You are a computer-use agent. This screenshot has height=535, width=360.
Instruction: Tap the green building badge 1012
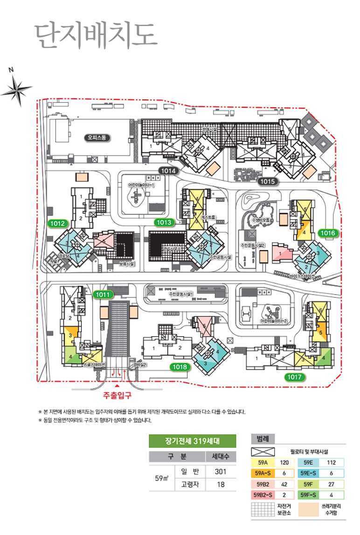pyautogui.click(x=58, y=223)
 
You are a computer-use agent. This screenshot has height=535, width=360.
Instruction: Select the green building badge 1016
pyautogui.click(x=328, y=232)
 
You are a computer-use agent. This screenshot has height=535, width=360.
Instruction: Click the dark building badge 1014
pyautogui.click(x=169, y=171)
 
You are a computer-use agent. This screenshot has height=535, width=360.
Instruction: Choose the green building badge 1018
pyautogui.click(x=180, y=367)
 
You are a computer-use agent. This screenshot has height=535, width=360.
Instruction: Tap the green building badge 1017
pyautogui.click(x=295, y=377)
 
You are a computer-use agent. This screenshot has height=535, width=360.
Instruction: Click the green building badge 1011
pyautogui.click(x=103, y=294)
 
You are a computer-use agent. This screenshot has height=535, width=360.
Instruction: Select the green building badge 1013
pyautogui.click(x=165, y=222)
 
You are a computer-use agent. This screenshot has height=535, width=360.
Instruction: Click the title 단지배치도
pyautogui.click(x=96, y=34)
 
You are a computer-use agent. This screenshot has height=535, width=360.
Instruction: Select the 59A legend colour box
pyautogui.click(x=262, y=463)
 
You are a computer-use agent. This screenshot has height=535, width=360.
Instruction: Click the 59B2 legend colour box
pyautogui.click(x=262, y=484)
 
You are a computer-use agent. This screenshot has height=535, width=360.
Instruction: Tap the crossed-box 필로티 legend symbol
pyautogui.click(x=262, y=452)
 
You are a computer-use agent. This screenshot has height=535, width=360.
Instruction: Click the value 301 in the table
pyautogui.click(x=221, y=472)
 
